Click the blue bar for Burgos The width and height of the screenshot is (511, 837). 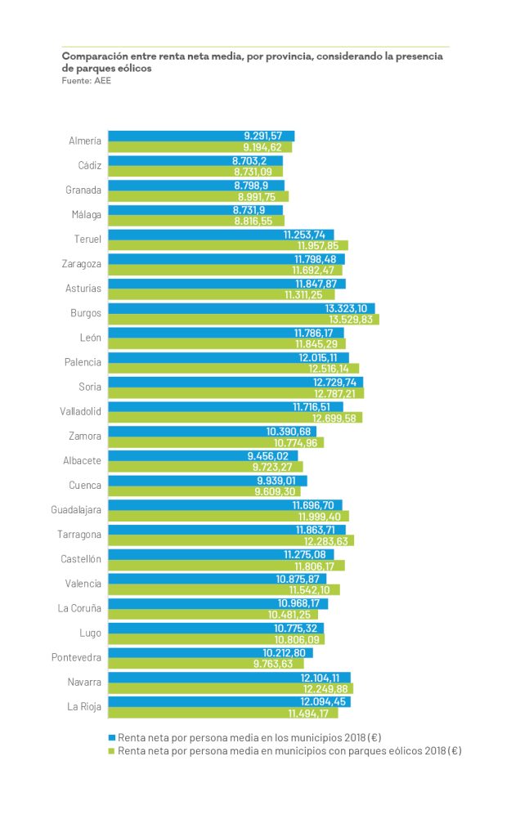coord(241,308)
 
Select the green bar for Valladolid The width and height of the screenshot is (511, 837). coord(235,418)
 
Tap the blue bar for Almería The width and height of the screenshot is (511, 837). coord(201,136)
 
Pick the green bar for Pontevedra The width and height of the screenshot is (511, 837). coord(205,664)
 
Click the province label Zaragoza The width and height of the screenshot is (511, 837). coord(82,264)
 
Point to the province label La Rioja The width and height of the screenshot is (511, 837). coord(84,707)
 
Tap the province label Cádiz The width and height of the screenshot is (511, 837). coord(89,165)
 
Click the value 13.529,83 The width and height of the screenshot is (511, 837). coord(349,320)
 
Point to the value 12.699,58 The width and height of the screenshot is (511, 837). coord(337,418)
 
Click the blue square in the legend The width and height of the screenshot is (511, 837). coord(113,736)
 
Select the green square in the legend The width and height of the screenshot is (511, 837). coord(113,750)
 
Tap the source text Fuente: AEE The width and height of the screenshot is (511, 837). coord(87,81)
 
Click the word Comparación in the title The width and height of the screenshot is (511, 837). coord(92,56)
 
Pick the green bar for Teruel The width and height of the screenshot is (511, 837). coord(228,245)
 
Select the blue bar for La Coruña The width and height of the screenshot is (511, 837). coord(218,603)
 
